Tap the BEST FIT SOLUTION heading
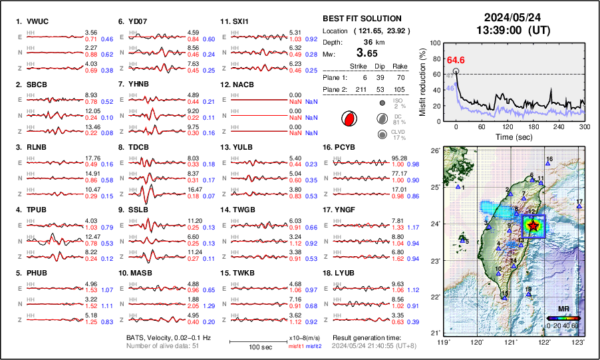click(361, 19)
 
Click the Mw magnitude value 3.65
click(366, 53)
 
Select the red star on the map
click(533, 225)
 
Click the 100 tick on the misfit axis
click(436, 43)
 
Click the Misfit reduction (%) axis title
click(423, 82)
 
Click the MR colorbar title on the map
click(563, 309)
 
